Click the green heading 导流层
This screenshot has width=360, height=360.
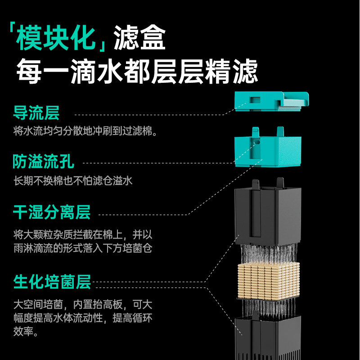36,113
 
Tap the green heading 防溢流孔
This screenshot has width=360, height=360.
43,162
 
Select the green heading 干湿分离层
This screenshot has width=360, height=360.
51,212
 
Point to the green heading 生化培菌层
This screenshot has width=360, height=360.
52,283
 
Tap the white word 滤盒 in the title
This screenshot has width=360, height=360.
140,39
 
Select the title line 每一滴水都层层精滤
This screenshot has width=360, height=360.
137,72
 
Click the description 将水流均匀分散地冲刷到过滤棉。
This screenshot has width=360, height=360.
85,131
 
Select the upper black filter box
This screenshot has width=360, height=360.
267,214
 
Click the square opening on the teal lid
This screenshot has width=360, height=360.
255,99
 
